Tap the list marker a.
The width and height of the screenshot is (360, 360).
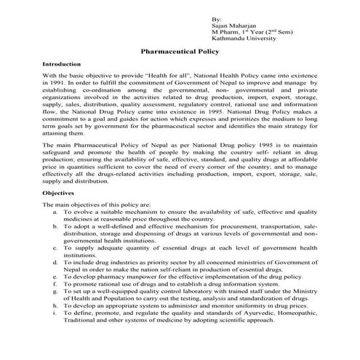coord(56,212)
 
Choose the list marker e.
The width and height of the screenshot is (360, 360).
coord(56,277)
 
